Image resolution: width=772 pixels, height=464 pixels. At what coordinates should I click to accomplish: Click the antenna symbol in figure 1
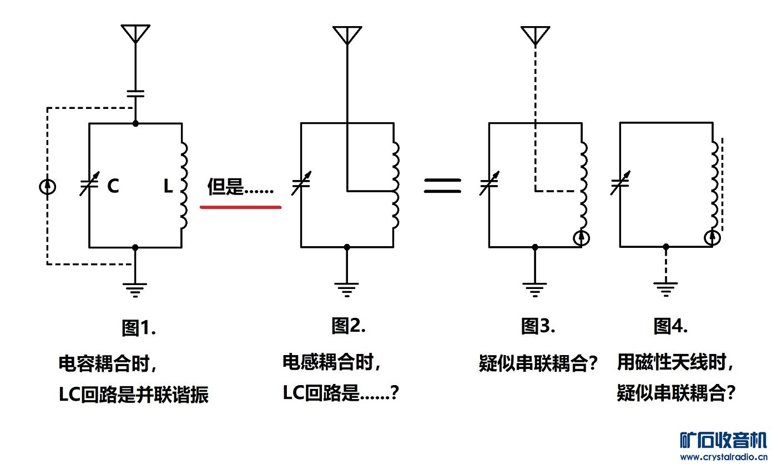tap(136, 33)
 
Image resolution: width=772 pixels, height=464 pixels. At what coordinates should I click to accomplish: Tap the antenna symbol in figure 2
tap(347, 34)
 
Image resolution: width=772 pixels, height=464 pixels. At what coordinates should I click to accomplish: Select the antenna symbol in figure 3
tap(535, 34)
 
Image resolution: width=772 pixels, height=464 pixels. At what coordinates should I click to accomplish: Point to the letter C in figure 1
tap(113, 186)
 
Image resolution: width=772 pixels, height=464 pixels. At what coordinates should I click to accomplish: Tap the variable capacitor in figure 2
tap(300, 184)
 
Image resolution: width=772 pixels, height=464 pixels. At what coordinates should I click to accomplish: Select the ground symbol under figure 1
tap(135, 290)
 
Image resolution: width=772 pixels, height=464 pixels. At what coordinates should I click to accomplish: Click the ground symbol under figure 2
tap(347, 289)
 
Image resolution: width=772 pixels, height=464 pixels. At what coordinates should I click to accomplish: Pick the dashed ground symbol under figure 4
tap(665, 289)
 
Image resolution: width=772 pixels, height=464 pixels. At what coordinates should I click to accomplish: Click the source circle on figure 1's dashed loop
tap(48, 186)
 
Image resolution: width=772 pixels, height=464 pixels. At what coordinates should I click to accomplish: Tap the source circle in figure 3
tap(581, 238)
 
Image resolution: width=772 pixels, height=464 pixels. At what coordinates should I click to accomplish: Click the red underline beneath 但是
tap(240, 207)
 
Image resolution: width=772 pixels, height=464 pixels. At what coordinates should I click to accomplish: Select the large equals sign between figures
tap(442, 186)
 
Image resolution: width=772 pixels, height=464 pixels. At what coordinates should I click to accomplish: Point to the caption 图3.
tap(538, 326)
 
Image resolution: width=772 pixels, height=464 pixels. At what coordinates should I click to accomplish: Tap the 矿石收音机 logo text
tap(723, 440)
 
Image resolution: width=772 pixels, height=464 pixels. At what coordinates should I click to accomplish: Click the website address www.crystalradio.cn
tap(723, 457)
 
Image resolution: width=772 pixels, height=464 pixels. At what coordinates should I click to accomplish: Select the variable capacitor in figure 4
tap(619, 183)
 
